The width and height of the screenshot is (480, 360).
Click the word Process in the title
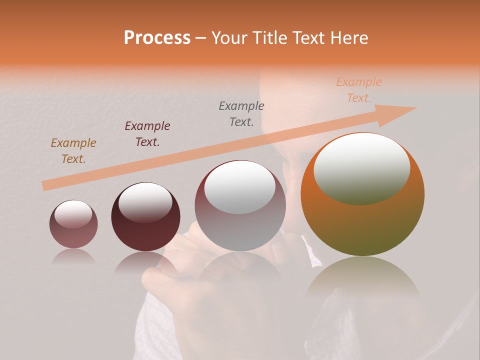pyautogui.click(x=157, y=38)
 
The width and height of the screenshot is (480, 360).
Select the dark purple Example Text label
pyautogui.click(x=147, y=134)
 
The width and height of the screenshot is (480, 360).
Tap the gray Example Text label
pyautogui.click(x=241, y=113)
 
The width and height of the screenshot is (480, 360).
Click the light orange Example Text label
pyautogui.click(x=358, y=90)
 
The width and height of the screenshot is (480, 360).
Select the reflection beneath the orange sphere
pyautogui.click(x=362, y=280)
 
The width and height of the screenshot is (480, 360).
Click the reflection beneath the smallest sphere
pyautogui.click(x=73, y=256)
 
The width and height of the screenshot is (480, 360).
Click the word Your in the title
pyautogui.click(x=230, y=38)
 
